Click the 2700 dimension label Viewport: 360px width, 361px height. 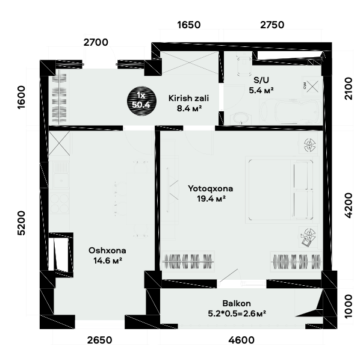96,42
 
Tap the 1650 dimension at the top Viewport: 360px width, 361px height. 189,25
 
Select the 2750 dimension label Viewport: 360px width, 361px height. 272,25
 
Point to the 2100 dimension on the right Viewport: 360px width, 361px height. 349,88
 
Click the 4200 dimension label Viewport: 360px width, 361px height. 349,205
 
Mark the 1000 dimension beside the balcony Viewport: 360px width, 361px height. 349,306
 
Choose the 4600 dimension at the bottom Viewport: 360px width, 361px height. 241,340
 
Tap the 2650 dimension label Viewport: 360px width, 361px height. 100,340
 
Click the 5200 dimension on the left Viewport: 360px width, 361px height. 21,223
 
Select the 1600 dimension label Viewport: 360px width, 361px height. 21,97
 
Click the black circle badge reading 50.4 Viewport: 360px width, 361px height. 141,101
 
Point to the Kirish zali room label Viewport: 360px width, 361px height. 188,98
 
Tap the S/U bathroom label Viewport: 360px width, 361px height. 261,80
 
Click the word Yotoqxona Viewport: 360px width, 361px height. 211,188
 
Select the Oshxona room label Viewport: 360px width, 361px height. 107,250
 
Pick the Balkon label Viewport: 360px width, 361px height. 237,303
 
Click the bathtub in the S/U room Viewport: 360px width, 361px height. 291,112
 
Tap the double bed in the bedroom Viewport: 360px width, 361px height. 281,190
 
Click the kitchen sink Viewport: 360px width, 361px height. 60,174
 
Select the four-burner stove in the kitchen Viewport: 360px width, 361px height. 60,203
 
